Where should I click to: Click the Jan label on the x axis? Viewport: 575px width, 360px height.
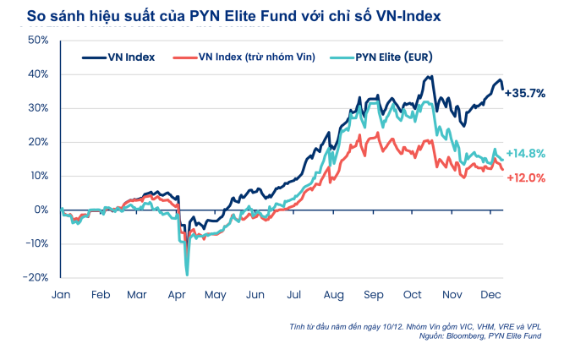61,295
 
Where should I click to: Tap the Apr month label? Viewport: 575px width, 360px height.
178,295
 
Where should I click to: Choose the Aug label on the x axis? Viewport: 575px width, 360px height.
332,295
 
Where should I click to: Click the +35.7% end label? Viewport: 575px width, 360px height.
524,93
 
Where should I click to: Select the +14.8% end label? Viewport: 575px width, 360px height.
524,153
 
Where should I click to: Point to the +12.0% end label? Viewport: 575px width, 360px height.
524,177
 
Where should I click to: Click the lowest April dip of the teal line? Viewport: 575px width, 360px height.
186,274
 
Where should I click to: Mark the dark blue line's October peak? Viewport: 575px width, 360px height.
430,77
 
